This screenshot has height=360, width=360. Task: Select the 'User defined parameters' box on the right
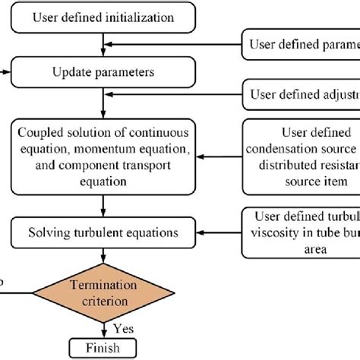301,43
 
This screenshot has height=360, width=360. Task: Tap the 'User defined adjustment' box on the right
301,96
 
